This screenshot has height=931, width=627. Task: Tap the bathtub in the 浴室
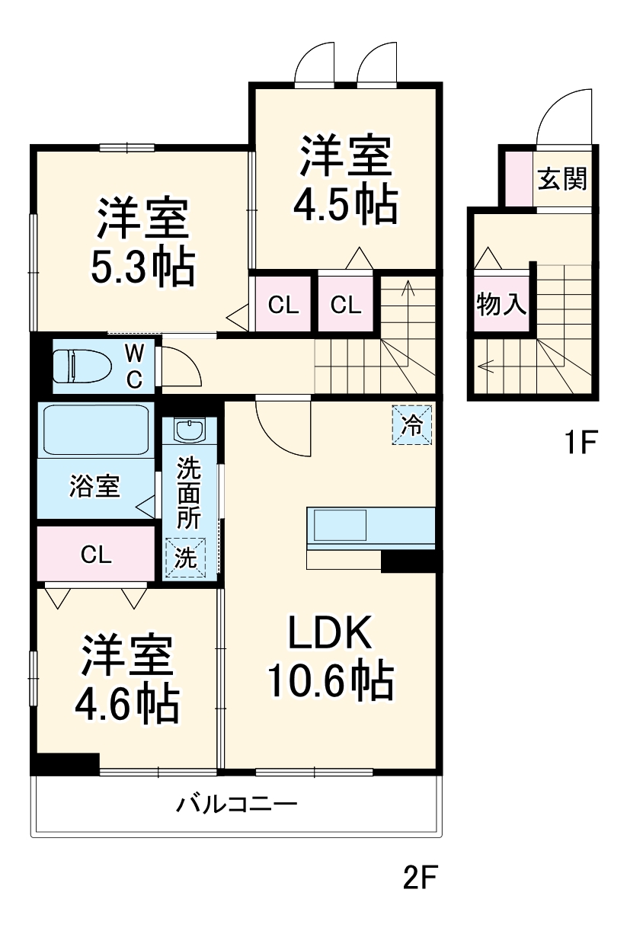click(95, 430)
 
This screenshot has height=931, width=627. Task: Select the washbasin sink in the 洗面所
click(188, 430)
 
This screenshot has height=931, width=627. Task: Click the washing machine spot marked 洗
click(186, 558)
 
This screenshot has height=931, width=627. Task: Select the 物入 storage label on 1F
click(501, 306)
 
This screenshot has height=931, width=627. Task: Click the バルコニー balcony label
click(236, 804)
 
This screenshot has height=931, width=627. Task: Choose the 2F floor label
click(418, 880)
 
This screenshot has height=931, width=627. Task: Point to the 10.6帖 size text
click(329, 680)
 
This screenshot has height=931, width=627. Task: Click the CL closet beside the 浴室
click(97, 554)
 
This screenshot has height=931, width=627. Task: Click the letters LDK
click(328, 633)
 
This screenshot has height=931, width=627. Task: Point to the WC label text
click(133, 366)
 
